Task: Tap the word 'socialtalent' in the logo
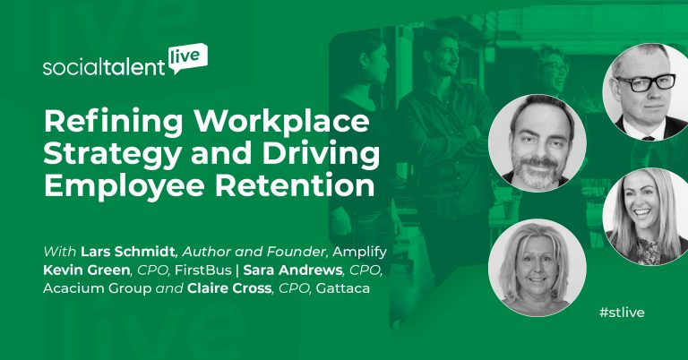pos(104,69)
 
